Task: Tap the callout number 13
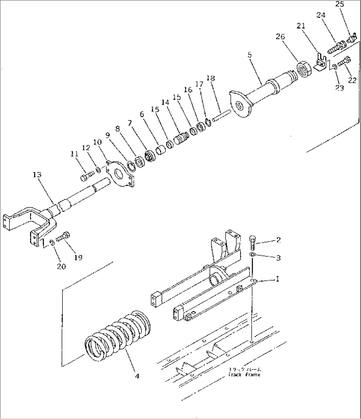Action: [x=38, y=175]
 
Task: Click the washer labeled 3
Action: [x=252, y=254]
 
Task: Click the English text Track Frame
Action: [x=244, y=375]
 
